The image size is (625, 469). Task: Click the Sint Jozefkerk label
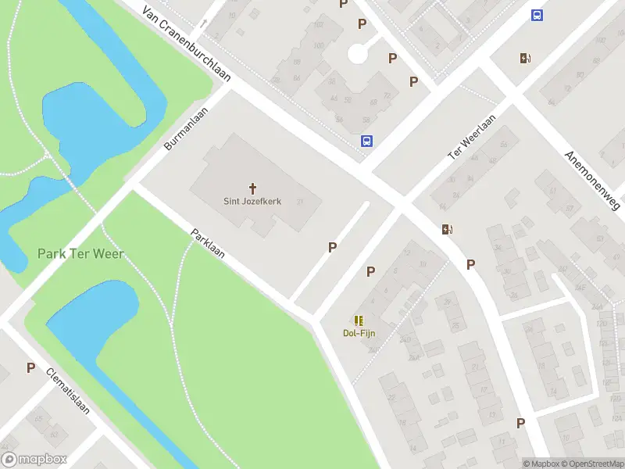(252, 202)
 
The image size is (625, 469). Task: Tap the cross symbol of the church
(252, 188)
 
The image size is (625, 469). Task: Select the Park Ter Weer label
(80, 254)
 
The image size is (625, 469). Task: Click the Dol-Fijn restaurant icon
(359, 320)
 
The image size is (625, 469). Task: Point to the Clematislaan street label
(68, 392)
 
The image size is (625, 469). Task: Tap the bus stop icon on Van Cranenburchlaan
(366, 141)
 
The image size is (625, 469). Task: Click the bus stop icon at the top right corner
(537, 15)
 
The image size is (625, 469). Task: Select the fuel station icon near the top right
(525, 58)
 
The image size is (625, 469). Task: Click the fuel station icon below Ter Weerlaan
(447, 230)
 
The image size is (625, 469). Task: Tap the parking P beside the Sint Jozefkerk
(332, 247)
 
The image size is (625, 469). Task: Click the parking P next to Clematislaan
(30, 367)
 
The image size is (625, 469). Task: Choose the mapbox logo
(34, 460)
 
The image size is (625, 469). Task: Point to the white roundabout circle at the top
(358, 53)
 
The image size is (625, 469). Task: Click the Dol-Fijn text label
(359, 333)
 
